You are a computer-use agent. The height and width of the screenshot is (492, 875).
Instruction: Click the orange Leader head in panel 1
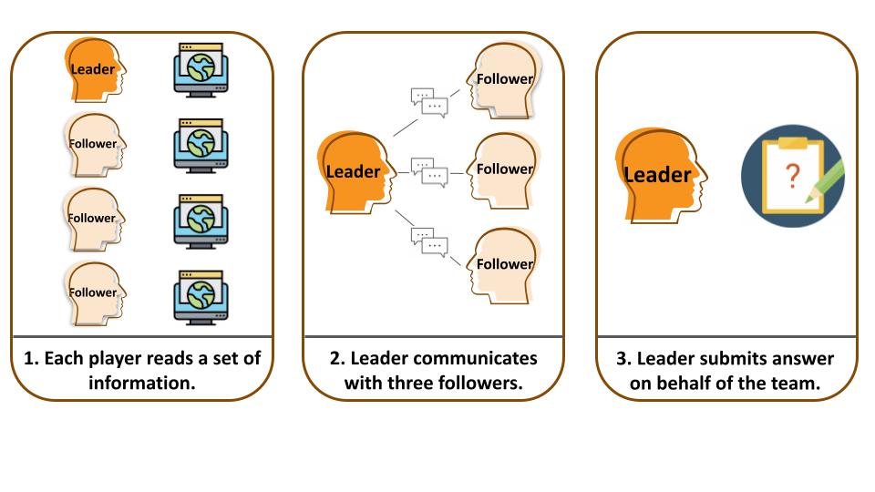94,69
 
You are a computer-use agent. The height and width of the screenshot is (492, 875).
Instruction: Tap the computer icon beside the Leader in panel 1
201,69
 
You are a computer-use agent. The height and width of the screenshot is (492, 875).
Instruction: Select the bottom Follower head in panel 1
94,293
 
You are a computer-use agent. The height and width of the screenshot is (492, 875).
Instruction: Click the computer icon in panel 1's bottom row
201,293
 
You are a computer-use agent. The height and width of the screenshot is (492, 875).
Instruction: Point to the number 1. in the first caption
28,358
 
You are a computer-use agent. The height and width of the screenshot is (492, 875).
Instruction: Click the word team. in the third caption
795,384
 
